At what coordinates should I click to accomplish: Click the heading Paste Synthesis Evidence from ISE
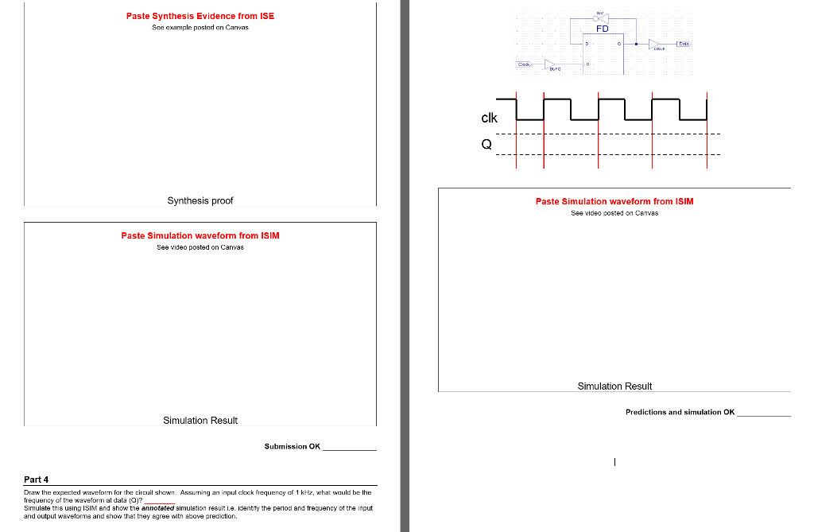(x=200, y=16)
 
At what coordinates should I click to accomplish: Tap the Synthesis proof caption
(x=200, y=200)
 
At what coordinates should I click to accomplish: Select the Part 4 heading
(x=37, y=480)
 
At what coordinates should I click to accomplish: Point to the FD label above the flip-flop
(x=602, y=29)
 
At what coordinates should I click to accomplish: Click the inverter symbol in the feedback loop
(x=602, y=17)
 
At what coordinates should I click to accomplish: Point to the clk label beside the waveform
(x=489, y=118)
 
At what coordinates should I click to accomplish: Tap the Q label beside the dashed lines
(x=486, y=145)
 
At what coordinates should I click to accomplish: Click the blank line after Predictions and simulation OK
(x=763, y=414)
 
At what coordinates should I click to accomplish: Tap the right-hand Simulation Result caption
(x=614, y=386)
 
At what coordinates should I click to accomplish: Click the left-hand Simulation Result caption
(x=200, y=420)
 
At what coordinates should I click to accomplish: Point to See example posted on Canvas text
(x=200, y=28)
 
